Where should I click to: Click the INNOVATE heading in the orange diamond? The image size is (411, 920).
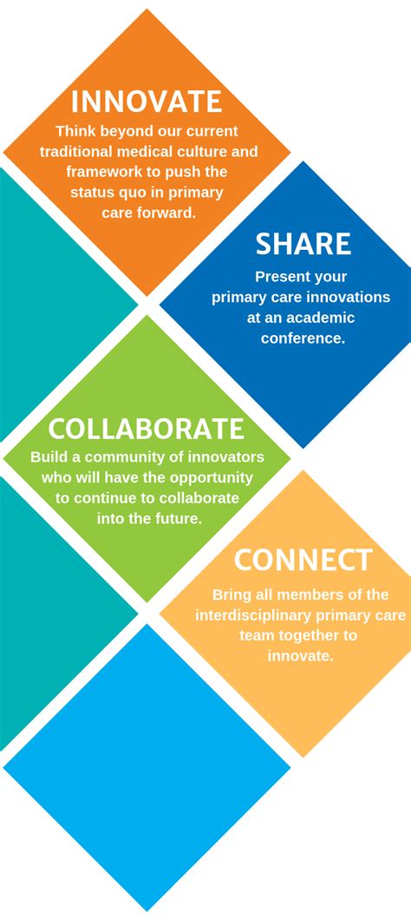(147, 102)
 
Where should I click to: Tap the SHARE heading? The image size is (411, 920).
(303, 244)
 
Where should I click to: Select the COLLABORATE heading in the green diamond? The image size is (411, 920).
(146, 429)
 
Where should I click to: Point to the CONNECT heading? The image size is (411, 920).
(303, 560)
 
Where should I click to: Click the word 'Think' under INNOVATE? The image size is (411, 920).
(75, 130)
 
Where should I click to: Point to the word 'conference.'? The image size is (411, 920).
(303, 338)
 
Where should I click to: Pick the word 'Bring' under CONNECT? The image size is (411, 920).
(230, 595)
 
